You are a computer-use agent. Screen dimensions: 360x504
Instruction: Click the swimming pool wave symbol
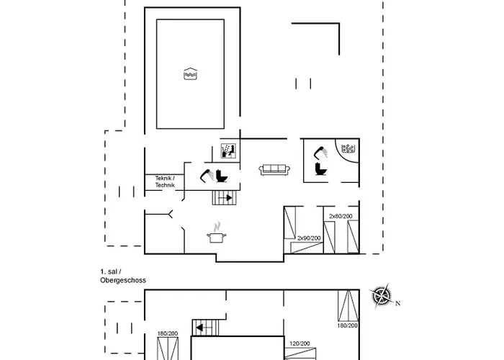tap(191, 73)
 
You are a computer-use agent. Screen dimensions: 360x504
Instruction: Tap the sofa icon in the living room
tap(274, 169)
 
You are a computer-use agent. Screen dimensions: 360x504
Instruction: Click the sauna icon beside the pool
tap(228, 150)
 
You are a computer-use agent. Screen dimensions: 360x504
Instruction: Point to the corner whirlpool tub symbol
tap(348, 149)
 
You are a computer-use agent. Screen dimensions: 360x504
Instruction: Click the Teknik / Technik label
tap(165, 183)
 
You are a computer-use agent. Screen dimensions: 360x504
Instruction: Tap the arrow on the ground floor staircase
tap(228, 197)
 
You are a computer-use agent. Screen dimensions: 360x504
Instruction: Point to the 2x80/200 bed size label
tap(341, 216)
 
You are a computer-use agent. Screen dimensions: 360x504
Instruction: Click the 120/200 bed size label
tap(300, 343)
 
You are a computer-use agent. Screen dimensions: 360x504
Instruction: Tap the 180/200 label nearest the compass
tap(347, 325)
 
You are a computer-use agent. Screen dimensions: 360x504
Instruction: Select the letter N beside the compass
tap(398, 303)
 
